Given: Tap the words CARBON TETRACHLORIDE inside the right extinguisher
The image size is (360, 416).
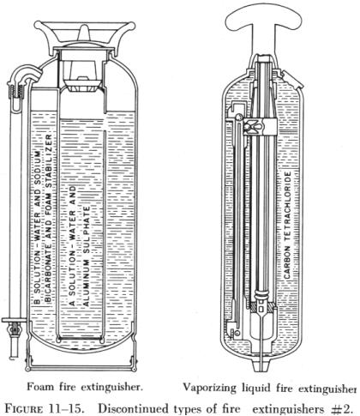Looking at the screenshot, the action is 287,225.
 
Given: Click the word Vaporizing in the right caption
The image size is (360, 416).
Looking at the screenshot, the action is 209,388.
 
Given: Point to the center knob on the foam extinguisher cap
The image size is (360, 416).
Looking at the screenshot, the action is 84,33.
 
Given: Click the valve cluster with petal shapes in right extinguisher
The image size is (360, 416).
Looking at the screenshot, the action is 251,126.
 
